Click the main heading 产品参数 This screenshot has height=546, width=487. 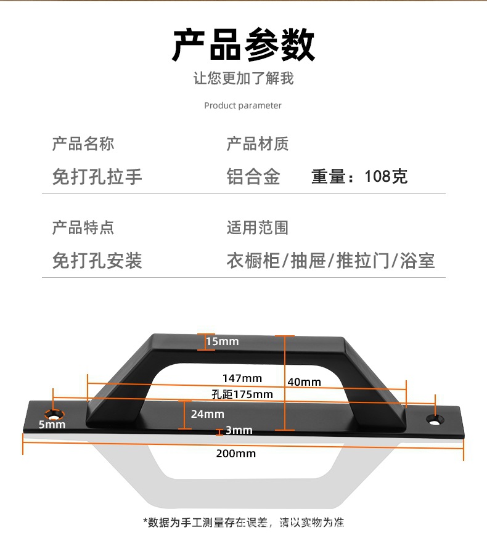243,45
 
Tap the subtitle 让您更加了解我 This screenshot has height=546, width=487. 243,79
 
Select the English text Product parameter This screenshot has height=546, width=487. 243,105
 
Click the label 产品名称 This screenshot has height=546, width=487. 83,144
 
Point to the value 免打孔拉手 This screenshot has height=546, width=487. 97,177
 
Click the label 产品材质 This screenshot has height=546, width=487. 258,144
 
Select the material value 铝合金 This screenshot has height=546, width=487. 253,177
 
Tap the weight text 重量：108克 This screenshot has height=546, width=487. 359,177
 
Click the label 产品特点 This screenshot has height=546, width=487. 83,227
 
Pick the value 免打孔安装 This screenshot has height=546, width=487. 97,260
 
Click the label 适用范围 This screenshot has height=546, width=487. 258,227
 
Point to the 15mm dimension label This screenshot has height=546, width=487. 222,341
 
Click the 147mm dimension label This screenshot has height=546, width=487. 242,378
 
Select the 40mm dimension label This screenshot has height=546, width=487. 304,382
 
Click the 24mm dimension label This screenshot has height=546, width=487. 207,414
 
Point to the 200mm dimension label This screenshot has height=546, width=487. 236,454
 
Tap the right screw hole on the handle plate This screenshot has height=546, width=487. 436,420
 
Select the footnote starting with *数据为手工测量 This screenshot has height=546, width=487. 243,523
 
